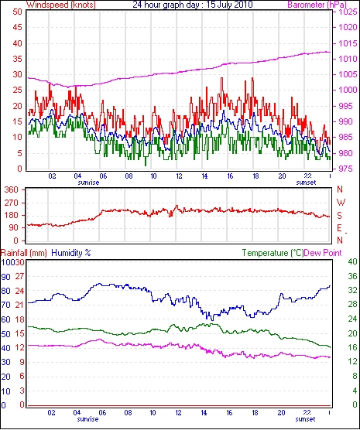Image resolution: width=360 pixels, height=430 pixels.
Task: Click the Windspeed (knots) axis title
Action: pyautogui.click(x=61, y=5)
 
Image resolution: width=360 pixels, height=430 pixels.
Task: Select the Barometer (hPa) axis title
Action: pyautogui.click(x=317, y=5)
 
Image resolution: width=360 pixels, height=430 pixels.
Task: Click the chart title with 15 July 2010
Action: pyautogui.click(x=193, y=5)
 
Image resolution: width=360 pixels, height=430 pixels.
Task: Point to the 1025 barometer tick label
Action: pyautogui.click(x=348, y=12)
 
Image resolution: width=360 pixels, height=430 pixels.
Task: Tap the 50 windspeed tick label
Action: pyautogui.click(x=17, y=12)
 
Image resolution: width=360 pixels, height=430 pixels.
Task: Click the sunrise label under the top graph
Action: pyautogui.click(x=88, y=183)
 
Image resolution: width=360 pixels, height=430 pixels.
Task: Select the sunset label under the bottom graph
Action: pyautogui.click(x=305, y=419)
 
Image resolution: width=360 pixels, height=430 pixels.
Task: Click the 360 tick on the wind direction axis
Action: pyautogui.click(x=12, y=189)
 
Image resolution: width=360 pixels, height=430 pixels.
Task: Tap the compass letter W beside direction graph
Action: pyautogui.click(x=341, y=203)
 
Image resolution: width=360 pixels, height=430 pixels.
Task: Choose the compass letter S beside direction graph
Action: pyautogui.click(x=340, y=216)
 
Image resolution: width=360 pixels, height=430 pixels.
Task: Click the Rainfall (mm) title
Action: pyautogui.click(x=24, y=253)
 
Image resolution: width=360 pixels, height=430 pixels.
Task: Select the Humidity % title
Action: pyautogui.click(x=71, y=253)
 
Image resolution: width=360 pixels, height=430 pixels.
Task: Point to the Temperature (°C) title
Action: pyautogui.click(x=273, y=253)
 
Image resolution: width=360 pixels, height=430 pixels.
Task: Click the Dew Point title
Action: pyautogui.click(x=323, y=253)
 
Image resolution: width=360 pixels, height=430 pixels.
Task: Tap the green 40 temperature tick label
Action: pyautogui.click(x=352, y=261)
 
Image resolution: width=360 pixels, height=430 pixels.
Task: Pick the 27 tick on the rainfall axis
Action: pyautogui.click(x=19, y=276)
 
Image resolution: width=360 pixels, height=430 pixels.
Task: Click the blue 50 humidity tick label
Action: pyautogui.click(x=5, y=334)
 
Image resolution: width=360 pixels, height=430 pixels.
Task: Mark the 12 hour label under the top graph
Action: pyautogui.click(x=179, y=176)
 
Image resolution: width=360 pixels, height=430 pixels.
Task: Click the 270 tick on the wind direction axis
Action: pyautogui.click(x=12, y=203)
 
